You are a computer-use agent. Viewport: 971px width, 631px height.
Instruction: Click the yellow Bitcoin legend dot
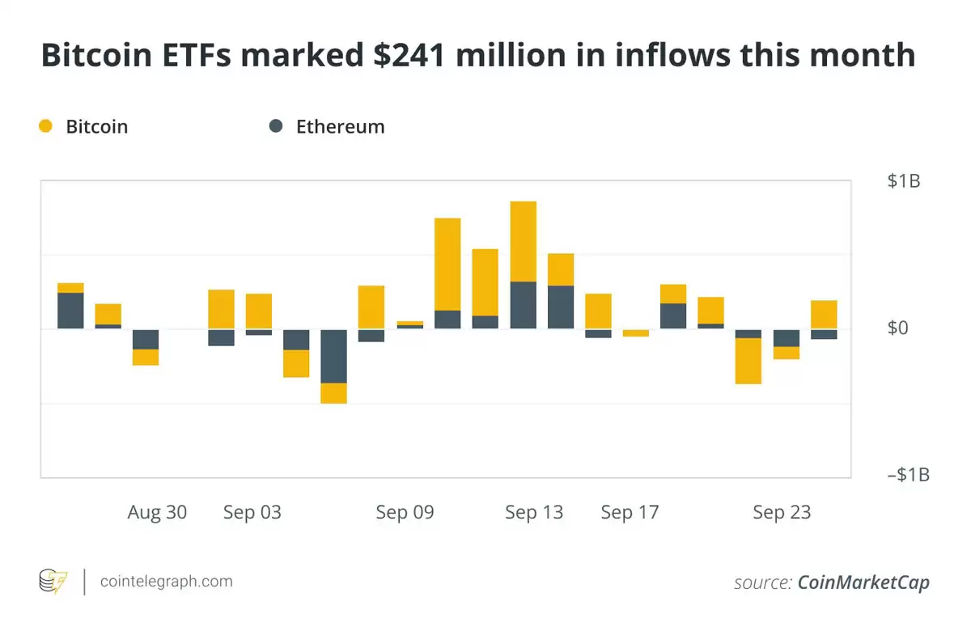pyautogui.click(x=46, y=126)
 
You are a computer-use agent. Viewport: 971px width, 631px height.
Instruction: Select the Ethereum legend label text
pyautogui.click(x=340, y=127)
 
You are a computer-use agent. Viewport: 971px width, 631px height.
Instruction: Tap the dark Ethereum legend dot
pyautogui.click(x=277, y=126)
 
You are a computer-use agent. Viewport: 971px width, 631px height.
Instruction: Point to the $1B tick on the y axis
pyautogui.click(x=903, y=181)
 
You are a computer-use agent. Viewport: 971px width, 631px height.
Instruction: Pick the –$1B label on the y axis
pyautogui.click(x=908, y=475)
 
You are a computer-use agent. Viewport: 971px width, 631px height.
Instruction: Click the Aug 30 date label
pyautogui.click(x=157, y=513)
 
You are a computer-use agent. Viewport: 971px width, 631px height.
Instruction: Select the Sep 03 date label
pyautogui.click(x=252, y=513)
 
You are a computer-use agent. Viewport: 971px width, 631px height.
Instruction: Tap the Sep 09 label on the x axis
pyautogui.click(x=405, y=513)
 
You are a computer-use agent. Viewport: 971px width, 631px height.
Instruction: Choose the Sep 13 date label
pyautogui.click(x=534, y=513)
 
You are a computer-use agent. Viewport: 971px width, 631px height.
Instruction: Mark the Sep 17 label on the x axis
pyautogui.click(x=630, y=513)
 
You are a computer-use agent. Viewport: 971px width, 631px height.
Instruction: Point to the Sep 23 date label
pyautogui.click(x=782, y=513)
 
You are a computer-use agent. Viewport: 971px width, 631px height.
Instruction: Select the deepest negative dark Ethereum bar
pyautogui.click(x=334, y=356)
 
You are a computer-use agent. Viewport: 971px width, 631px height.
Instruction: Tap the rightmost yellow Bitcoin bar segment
pyautogui.click(x=824, y=314)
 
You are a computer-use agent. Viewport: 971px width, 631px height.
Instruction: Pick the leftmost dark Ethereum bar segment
pyautogui.click(x=70, y=311)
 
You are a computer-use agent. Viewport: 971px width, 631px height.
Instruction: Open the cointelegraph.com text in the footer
pyautogui.click(x=166, y=582)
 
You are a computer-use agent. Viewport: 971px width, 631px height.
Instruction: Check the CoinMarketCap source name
pyautogui.click(x=863, y=582)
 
